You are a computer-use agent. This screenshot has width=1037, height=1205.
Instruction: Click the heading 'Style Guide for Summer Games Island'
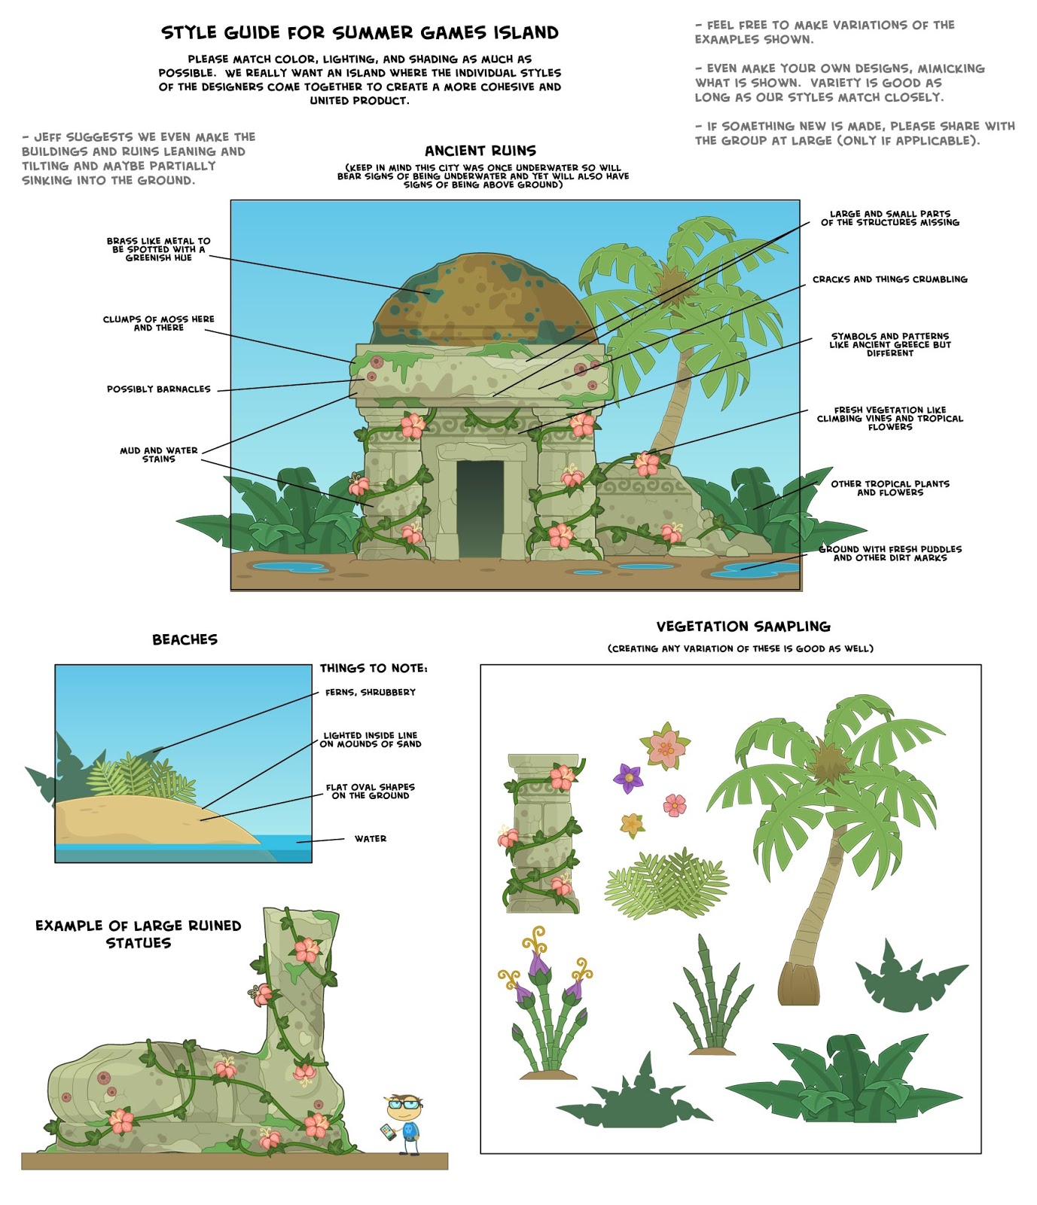(x=360, y=33)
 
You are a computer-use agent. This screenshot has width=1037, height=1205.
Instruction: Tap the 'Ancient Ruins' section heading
(x=480, y=151)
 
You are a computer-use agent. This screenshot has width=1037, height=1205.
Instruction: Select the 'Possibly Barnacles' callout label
(x=159, y=389)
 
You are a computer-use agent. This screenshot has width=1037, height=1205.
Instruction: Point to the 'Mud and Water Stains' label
(x=159, y=455)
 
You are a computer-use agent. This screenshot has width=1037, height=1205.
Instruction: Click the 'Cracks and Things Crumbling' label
(x=889, y=279)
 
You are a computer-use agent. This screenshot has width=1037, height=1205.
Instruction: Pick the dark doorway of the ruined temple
(x=480, y=508)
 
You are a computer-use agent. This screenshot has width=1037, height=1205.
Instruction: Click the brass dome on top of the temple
(x=482, y=301)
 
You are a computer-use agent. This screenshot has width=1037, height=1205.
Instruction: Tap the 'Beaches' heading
(x=185, y=640)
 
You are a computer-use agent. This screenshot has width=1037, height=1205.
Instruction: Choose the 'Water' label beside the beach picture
(x=371, y=839)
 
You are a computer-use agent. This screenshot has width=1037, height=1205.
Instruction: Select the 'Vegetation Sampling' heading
(x=743, y=627)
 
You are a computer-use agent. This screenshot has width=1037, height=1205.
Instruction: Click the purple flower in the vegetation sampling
(x=627, y=777)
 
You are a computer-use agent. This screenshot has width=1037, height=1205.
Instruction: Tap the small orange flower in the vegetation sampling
(x=632, y=825)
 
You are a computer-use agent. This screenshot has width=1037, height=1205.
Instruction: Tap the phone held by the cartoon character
(x=387, y=1132)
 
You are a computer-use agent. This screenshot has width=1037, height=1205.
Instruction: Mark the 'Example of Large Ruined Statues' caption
(x=139, y=934)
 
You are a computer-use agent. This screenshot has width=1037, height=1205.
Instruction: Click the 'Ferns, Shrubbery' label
(x=371, y=692)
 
